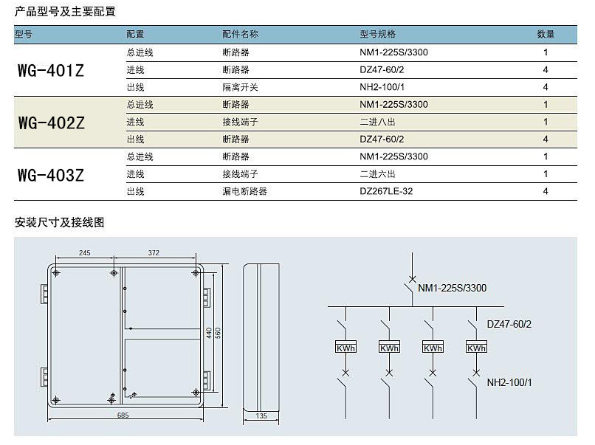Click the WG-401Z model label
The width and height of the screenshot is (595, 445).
point(51,71)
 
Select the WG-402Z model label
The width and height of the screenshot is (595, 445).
point(51,123)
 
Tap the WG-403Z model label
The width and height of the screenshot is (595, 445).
point(51,175)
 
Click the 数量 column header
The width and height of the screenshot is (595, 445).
point(546,34)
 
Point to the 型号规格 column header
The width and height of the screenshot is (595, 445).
point(377,34)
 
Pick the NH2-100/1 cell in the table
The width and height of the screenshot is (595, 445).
point(382,87)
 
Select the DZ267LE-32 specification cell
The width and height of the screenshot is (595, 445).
point(386,191)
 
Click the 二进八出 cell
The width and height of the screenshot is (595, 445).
point(377,123)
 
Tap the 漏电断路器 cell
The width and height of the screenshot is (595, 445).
point(245,191)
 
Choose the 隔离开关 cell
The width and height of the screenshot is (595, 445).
point(240,87)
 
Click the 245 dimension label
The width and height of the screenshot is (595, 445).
point(85,252)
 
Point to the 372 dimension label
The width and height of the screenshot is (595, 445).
point(154,252)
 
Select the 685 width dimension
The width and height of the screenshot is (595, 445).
point(123,415)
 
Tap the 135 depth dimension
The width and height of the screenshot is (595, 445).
point(261,415)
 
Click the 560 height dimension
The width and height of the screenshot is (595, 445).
point(218,333)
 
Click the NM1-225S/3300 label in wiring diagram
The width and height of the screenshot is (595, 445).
point(453,288)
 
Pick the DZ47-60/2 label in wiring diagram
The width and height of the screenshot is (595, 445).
point(509,324)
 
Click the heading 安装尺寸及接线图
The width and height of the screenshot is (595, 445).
point(59,222)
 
